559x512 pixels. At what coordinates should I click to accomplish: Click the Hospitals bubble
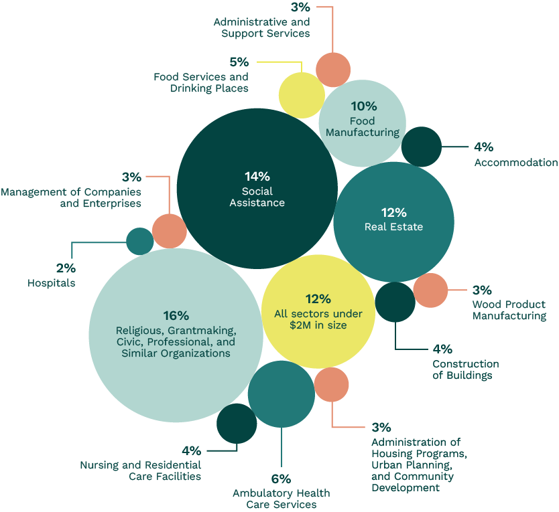[140, 241]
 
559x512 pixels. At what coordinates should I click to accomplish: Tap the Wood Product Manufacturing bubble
[430, 290]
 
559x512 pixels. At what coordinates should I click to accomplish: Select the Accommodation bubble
[422, 147]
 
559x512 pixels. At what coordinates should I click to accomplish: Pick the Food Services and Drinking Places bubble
[302, 95]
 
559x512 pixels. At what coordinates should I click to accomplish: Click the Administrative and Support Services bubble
[333, 69]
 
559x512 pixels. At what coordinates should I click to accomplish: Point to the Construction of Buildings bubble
[395, 302]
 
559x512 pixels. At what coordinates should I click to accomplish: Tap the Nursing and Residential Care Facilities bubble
[237, 423]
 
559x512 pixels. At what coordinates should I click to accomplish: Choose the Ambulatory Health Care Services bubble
[281, 394]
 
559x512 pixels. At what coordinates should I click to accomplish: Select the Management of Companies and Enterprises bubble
[170, 231]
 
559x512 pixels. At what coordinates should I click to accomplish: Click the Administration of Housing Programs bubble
[331, 384]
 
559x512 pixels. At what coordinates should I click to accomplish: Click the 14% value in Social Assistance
[257, 177]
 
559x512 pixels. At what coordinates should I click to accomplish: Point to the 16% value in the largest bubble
[176, 316]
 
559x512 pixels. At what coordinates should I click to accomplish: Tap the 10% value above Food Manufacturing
[363, 106]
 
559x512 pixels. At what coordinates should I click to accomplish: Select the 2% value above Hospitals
[66, 268]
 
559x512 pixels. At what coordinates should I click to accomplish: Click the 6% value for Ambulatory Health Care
[281, 479]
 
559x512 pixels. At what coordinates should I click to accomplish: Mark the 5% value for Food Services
[239, 62]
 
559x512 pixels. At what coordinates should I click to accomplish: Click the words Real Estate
[393, 227]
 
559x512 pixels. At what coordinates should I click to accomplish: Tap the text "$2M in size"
[318, 325]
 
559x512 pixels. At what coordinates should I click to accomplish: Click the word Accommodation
[515, 163]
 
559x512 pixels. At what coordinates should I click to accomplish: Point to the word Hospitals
[51, 283]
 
